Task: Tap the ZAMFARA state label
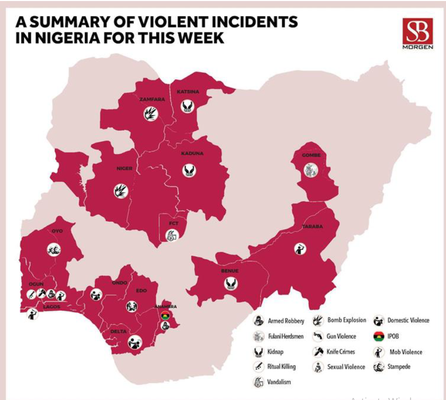152,99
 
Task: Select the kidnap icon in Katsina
188,106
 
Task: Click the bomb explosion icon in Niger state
120,191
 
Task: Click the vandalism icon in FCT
172,235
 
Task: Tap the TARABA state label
312,227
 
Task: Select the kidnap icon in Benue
231,284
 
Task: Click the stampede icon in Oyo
54,249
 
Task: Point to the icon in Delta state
135,342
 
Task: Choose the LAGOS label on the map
51,306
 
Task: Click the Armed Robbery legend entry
280,321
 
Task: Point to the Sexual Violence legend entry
340,367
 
